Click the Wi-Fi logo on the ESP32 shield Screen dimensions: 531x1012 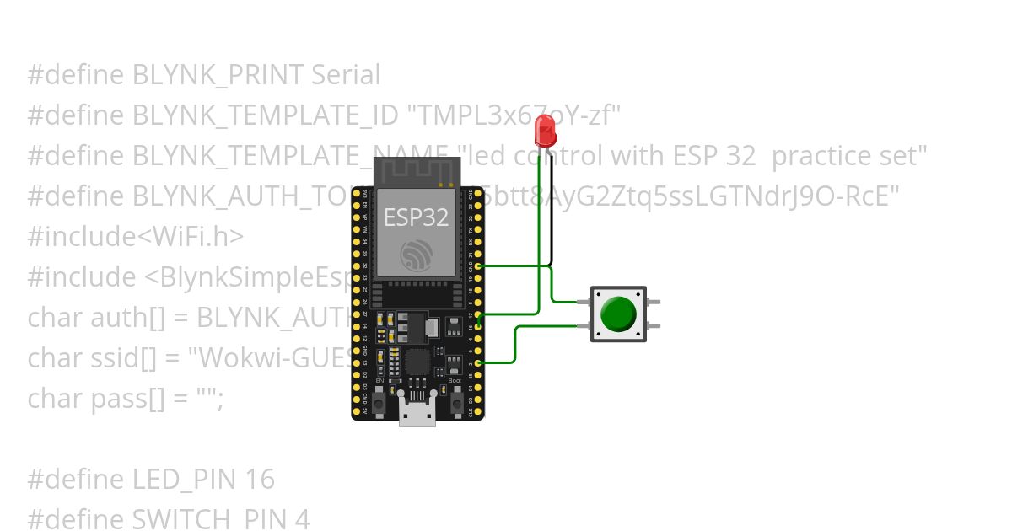tap(417, 255)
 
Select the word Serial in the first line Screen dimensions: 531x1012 tap(346, 75)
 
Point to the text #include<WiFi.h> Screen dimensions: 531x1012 tap(135, 237)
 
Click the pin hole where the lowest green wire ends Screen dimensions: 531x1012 tap(479, 362)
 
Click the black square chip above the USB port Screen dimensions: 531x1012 tap(417, 362)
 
